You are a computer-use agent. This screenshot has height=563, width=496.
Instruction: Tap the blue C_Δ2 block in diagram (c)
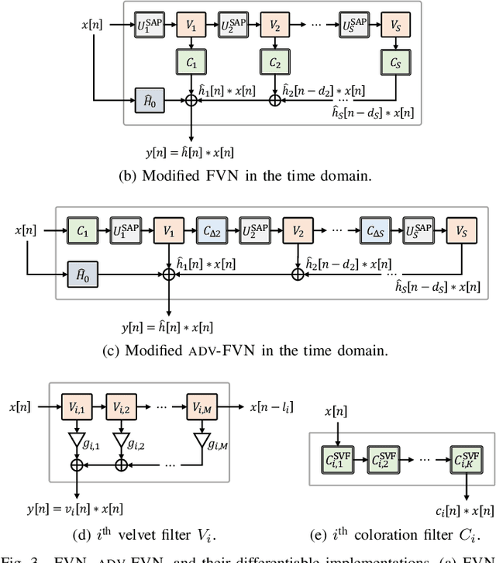point(212,230)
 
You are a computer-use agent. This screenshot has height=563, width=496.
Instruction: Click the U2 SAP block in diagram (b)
point(233,26)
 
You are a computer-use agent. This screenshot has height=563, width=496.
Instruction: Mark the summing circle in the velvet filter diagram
point(76,467)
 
